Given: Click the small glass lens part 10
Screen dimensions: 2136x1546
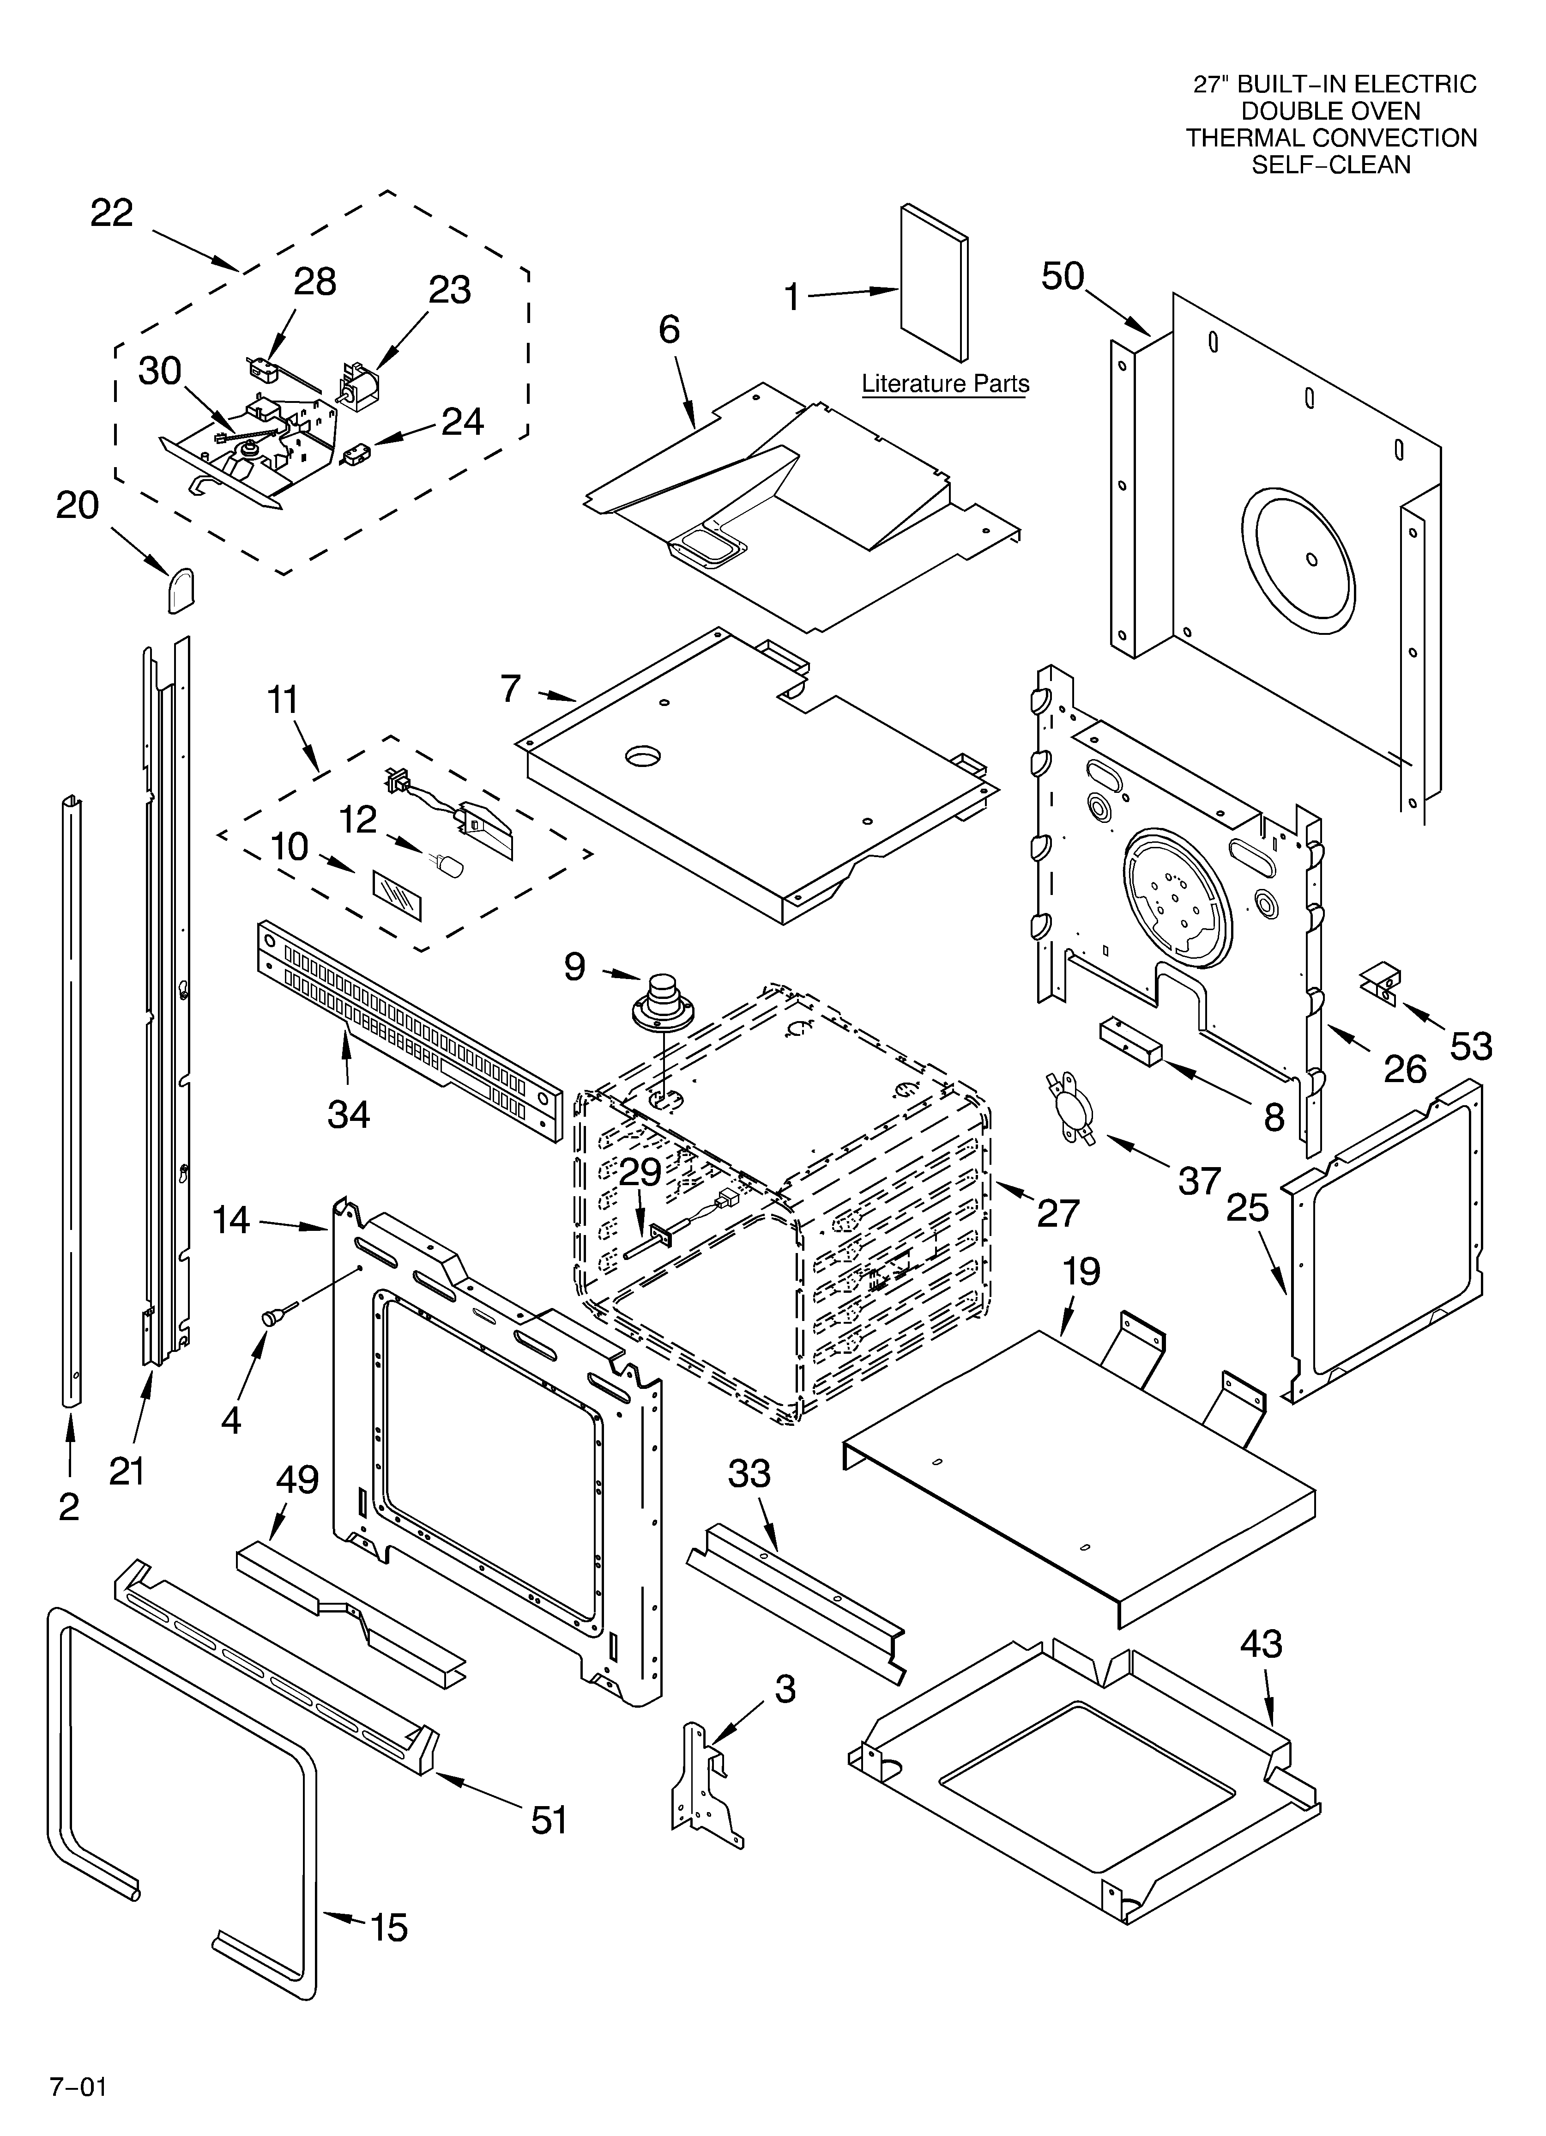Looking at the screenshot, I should click(x=397, y=895).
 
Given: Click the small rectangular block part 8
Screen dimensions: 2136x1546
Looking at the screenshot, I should click(x=1128, y=1041).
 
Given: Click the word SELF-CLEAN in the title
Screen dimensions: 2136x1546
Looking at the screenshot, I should click(x=1330, y=165).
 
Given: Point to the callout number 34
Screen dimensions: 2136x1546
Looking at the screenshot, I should click(x=348, y=1114).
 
